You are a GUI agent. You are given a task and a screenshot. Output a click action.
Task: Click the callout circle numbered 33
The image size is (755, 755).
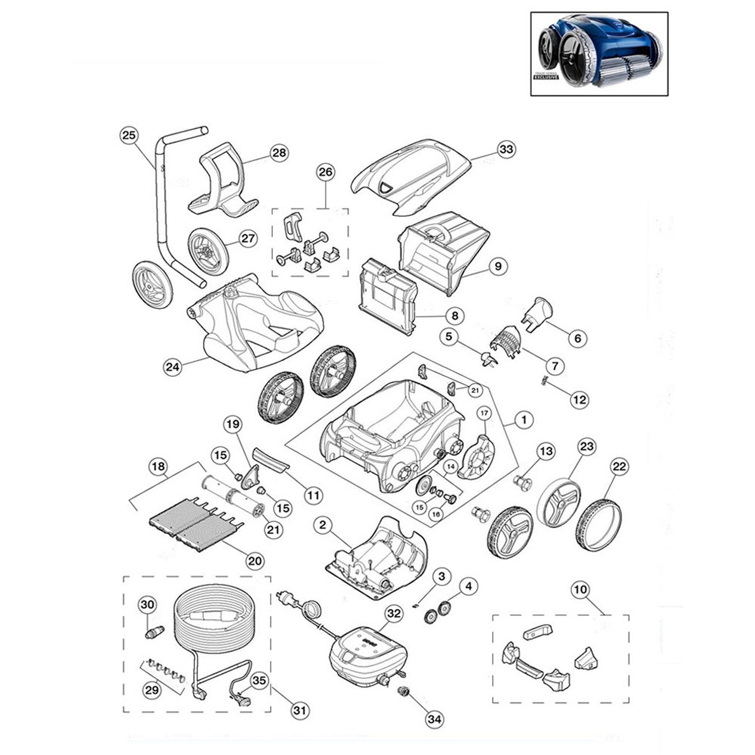pos(506,150)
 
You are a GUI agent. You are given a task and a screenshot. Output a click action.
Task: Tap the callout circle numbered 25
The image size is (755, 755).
pos(128,135)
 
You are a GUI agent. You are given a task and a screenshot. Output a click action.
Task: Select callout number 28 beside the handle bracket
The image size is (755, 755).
pos(279,152)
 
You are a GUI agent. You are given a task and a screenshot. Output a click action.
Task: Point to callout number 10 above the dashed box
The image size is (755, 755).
pos(580,589)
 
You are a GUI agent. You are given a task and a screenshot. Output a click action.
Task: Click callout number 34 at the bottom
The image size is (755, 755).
pos(435,719)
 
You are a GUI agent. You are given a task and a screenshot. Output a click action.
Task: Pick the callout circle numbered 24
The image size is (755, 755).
pos(173,366)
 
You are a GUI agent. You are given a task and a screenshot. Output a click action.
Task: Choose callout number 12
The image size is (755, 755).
pos(579,400)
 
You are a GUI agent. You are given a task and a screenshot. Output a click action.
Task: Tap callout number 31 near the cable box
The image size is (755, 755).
pos(300,711)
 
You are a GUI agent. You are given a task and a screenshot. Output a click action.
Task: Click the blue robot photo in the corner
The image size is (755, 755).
pos(599,54)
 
